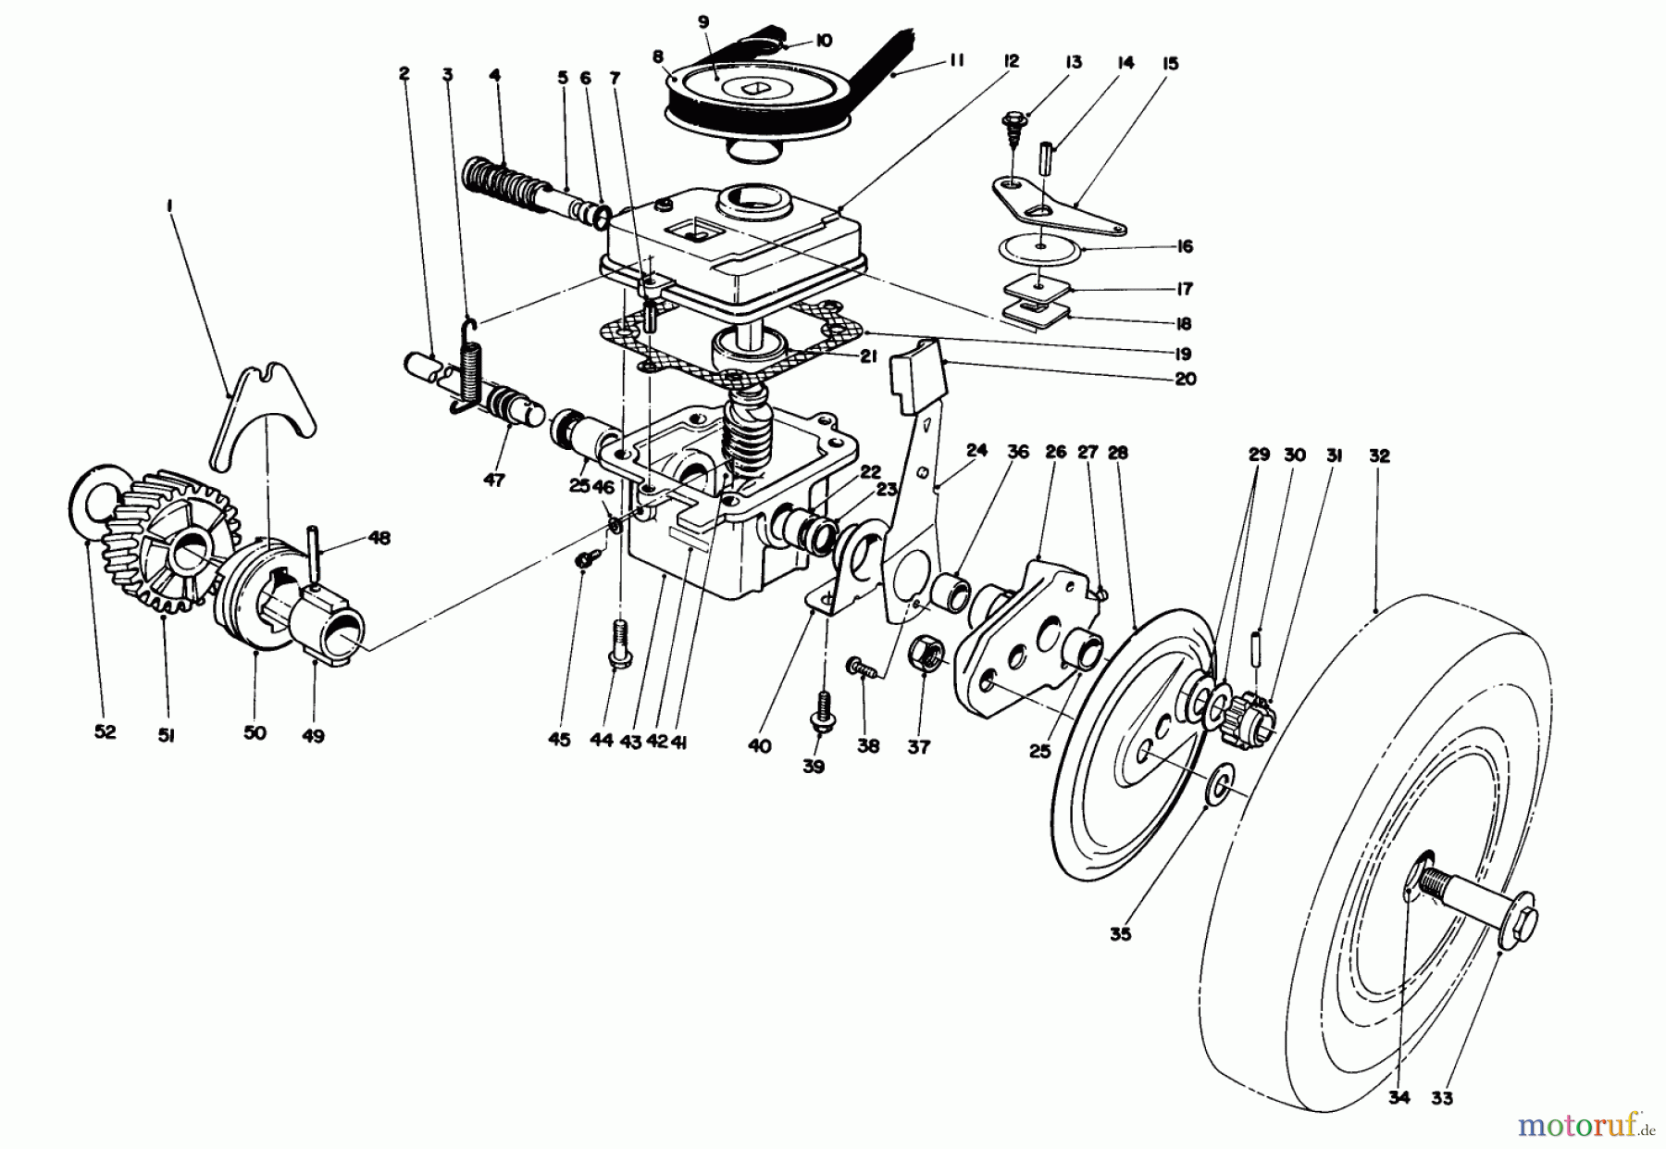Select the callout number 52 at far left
105,731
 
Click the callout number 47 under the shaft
494,481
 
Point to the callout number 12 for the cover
1010,61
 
